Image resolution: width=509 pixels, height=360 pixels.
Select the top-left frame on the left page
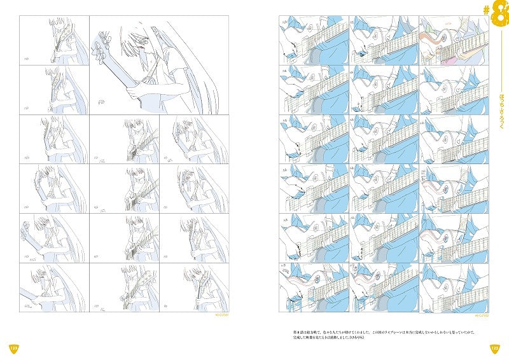tap(53, 39)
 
